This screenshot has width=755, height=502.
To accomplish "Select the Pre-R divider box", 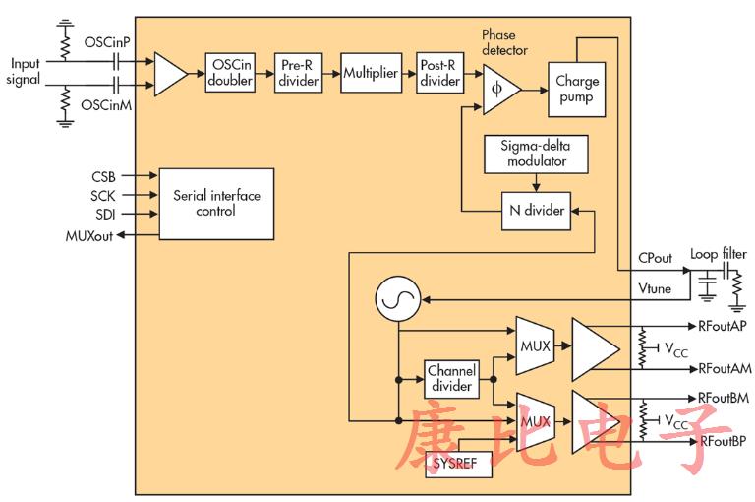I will click(296, 72).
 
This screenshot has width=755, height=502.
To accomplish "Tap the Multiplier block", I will click(370, 73).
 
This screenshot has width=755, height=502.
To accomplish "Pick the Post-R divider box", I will click(438, 72).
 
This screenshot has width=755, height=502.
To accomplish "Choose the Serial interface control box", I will click(216, 204).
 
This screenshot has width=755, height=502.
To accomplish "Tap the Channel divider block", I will click(450, 379).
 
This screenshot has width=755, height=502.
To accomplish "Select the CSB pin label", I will click(103, 177).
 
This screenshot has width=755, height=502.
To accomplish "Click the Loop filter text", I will click(719, 254).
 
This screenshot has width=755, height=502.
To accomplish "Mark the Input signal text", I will click(25, 71).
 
